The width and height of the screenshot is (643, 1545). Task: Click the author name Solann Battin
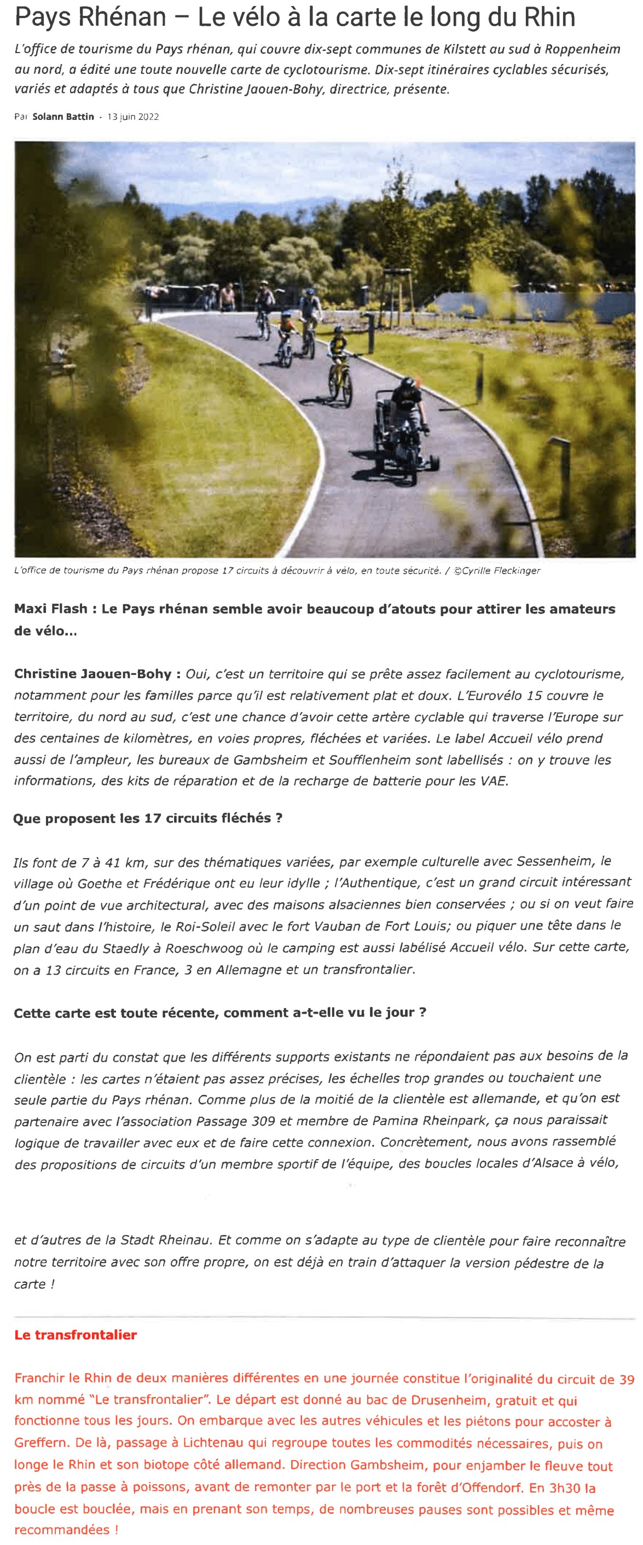tap(63, 117)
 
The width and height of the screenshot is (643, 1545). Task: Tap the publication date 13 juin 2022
tap(132, 117)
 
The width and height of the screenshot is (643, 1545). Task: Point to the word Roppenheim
tap(582, 49)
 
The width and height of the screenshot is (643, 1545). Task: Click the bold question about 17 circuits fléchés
tap(148, 818)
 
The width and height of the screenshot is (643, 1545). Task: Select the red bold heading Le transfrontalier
tap(76, 1334)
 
